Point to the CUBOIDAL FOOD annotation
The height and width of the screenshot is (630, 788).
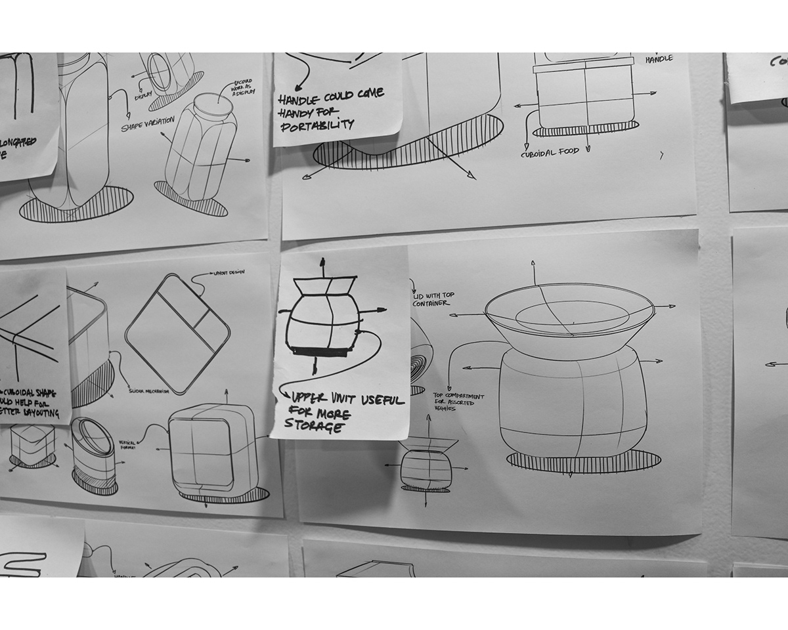(550, 152)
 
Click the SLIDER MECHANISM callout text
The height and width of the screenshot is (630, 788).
(148, 392)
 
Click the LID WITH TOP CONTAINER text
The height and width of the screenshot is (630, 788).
(431, 299)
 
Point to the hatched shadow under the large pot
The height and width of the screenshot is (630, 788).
(583, 461)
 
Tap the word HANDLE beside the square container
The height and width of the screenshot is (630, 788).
(659, 60)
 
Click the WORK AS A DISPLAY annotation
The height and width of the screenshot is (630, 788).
(242, 91)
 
